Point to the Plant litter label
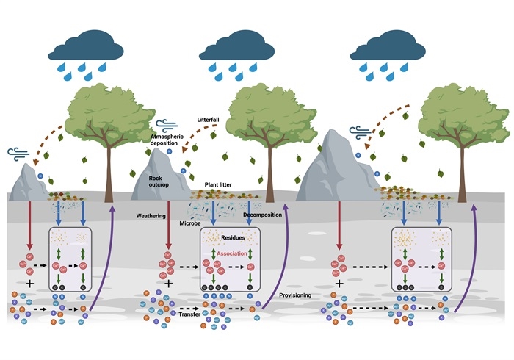[x=220, y=187]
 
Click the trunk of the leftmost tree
[x=109, y=176]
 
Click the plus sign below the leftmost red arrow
[x=29, y=282]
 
